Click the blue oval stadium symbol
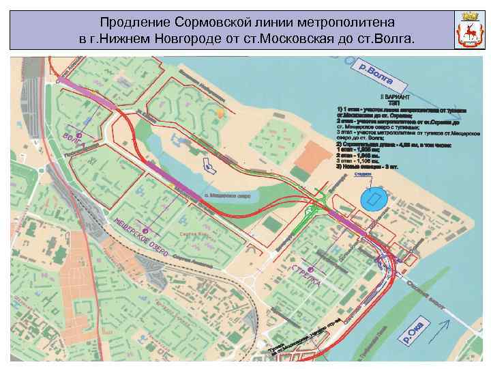(374, 200)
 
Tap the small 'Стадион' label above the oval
(363, 175)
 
